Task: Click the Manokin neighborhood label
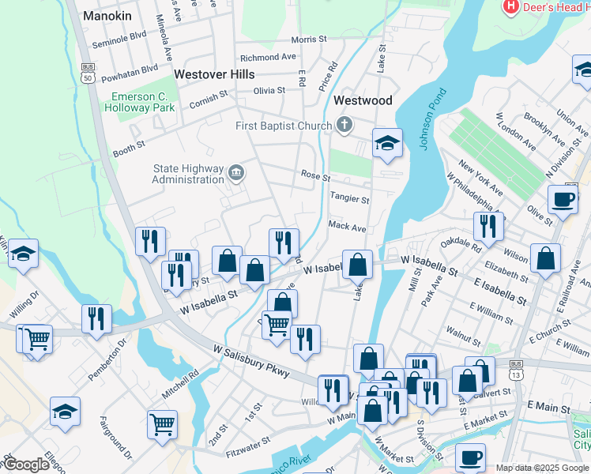pos(107,16)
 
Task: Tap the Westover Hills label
pos(214,74)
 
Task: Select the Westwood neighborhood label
pos(363,100)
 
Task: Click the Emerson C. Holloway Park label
pos(142,102)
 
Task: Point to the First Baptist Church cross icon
pos(344,125)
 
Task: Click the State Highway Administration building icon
pos(235,173)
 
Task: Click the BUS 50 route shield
pos(87,73)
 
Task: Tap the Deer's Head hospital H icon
pos(511,7)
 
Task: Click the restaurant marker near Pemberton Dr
pos(96,318)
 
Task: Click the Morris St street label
pos(308,39)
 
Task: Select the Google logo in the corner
pos(26,465)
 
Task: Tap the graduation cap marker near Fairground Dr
pos(65,411)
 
